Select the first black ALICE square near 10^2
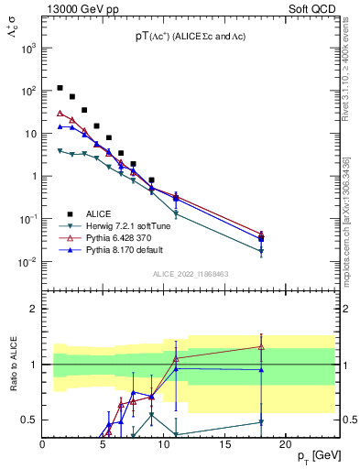pyautogui.click(x=60, y=88)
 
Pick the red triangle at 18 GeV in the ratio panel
pyautogui.click(x=261, y=346)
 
